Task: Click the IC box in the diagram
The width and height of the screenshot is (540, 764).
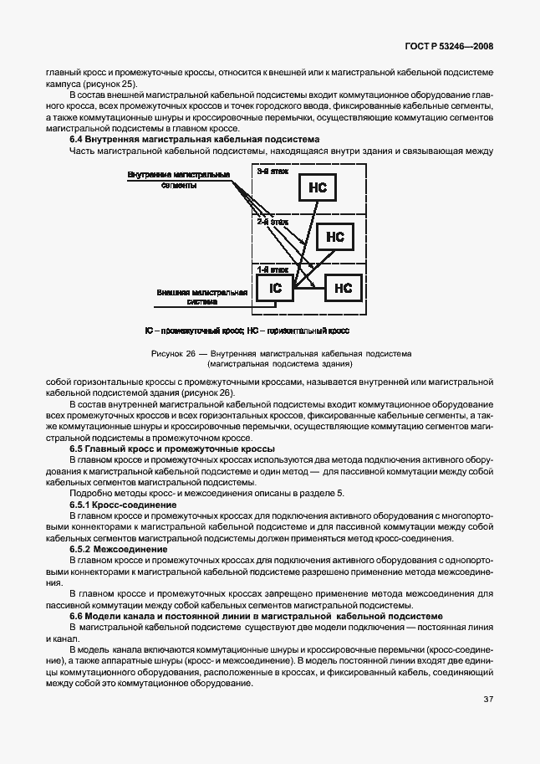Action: click(275, 289)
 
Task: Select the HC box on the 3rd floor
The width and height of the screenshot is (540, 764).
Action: click(317, 188)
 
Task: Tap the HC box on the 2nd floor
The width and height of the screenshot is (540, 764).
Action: click(335, 237)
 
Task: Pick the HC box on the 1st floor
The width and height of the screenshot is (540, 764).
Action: click(343, 289)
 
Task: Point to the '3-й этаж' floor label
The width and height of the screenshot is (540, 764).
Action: click(270, 171)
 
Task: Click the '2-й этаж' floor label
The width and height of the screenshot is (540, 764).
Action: click(273, 223)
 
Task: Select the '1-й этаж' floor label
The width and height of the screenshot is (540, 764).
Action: click(273, 269)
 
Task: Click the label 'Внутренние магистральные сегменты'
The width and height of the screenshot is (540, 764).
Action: click(179, 180)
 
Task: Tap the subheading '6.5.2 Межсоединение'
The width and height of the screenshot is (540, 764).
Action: click(116, 548)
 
